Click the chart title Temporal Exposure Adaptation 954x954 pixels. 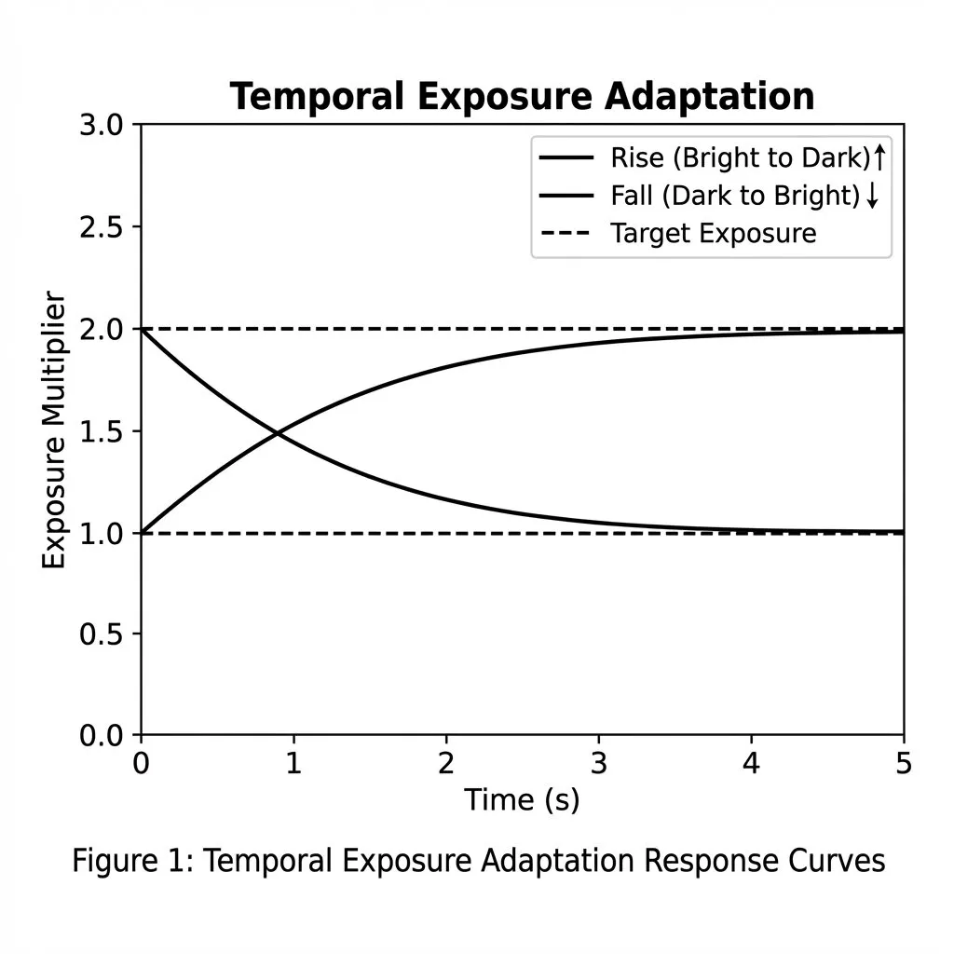coord(522,96)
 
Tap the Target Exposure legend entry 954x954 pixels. coord(713,233)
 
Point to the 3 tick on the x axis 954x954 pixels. coord(599,764)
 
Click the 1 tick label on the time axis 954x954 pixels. coord(293,764)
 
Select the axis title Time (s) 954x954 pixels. coord(522,799)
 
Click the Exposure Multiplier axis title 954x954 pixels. coord(54,430)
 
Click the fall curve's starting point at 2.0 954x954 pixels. coord(143,330)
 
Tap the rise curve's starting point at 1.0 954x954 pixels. coord(143,532)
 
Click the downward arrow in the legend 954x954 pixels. coord(872,196)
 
